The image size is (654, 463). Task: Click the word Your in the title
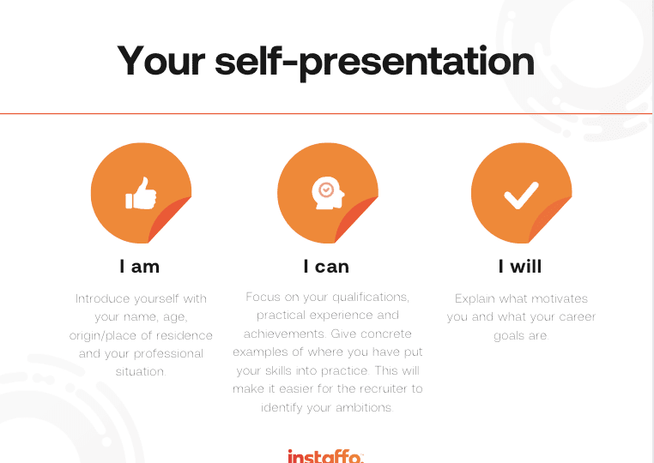161,60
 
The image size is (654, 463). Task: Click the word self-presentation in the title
374,62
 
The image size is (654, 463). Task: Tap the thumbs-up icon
141,193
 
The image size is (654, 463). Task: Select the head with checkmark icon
328,193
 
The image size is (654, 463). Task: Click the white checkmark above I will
521,195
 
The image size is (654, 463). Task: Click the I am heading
140,267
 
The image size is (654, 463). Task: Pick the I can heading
326,267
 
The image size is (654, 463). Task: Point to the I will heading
520,267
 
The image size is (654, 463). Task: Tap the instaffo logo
326,456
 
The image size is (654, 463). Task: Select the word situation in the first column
141,371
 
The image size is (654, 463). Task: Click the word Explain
475,298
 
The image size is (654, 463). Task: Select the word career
578,317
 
